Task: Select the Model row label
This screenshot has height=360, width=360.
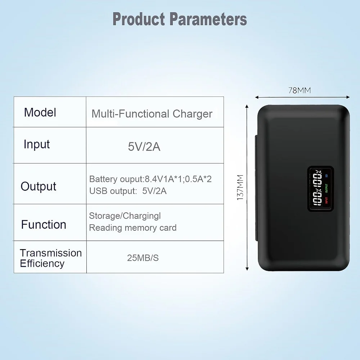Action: click(x=40, y=113)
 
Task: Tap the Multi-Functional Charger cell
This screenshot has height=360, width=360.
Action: click(x=152, y=114)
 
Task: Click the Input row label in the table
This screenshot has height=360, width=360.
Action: click(x=36, y=144)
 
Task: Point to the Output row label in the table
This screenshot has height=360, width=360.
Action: click(x=39, y=186)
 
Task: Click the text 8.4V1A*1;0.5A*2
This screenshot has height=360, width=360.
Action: click(x=178, y=179)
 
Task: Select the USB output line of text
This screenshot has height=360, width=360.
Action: click(x=128, y=191)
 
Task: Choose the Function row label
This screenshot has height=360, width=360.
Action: click(x=44, y=225)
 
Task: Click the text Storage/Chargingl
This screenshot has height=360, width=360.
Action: click(x=125, y=216)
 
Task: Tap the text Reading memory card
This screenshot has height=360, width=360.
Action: click(x=133, y=228)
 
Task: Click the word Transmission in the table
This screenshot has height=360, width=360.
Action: click(x=51, y=253)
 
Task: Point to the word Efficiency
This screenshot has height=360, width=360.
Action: click(x=42, y=264)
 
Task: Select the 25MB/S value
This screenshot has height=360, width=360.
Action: click(x=143, y=258)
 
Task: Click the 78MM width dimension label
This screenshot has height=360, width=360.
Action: click(x=300, y=91)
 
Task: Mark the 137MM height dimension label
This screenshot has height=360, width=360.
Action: click(x=240, y=187)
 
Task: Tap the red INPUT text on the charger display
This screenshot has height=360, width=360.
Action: click(x=327, y=200)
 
